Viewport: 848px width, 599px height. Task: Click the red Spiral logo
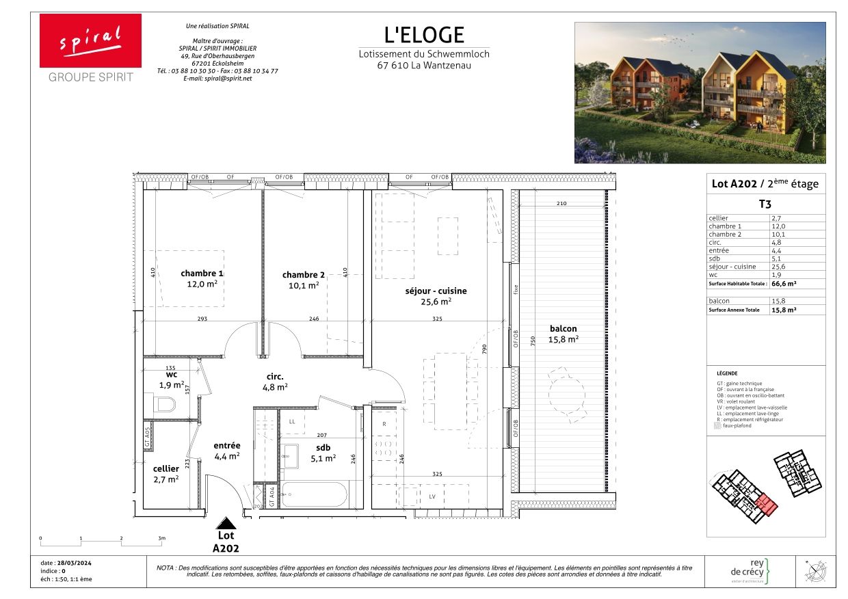pyautogui.click(x=90, y=40)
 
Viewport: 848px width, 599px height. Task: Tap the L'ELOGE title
pyautogui.click(x=424, y=35)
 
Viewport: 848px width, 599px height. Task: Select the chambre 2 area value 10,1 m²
pyautogui.click(x=303, y=286)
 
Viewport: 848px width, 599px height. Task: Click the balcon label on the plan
pyautogui.click(x=563, y=328)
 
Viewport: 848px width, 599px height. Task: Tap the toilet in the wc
pyautogui.click(x=164, y=406)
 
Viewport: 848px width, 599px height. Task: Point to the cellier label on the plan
pyautogui.click(x=166, y=468)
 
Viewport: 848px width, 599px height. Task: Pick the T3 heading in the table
pyautogui.click(x=765, y=203)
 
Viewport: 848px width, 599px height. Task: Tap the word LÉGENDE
pyautogui.click(x=727, y=373)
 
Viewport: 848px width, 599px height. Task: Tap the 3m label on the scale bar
pyautogui.click(x=161, y=539)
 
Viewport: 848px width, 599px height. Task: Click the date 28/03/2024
pyautogui.click(x=76, y=562)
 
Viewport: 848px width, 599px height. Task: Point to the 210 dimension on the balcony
pyautogui.click(x=561, y=204)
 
